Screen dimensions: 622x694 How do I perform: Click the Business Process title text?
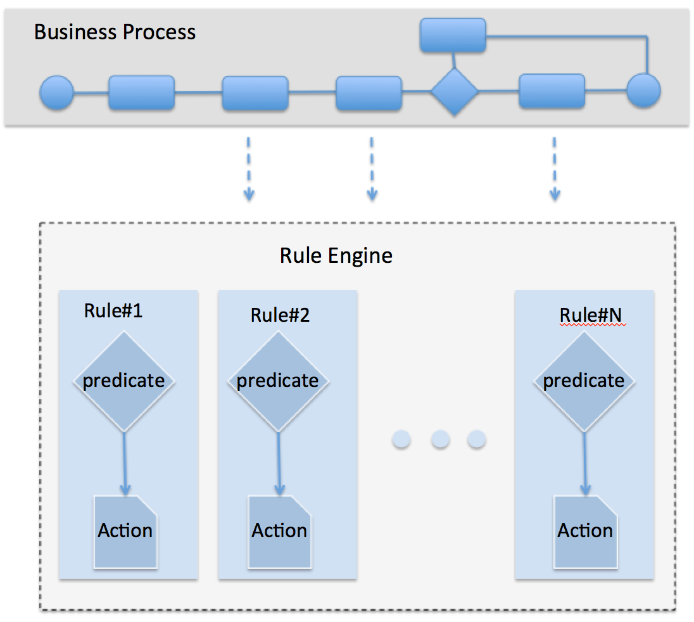coord(115,32)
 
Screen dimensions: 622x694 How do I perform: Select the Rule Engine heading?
coord(336,255)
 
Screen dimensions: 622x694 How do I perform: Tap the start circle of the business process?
coord(57,92)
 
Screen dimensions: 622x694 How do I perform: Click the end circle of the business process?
coord(643,91)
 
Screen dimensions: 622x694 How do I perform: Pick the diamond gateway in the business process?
coord(454,92)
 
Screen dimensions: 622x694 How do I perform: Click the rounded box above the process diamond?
coord(453,35)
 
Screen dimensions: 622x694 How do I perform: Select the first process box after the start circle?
coord(141,92)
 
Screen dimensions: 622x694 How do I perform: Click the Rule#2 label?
coord(280,315)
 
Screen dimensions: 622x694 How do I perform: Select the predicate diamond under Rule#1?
coord(123,381)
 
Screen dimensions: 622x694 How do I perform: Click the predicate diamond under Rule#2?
coord(277,381)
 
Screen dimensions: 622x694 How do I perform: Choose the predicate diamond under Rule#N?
coord(584,381)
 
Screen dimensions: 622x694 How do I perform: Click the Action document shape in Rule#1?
coord(125,531)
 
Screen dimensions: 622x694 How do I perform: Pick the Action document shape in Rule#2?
coord(279,531)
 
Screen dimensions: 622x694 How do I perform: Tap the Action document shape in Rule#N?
coord(585,531)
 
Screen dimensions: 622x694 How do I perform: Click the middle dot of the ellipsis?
coord(440,439)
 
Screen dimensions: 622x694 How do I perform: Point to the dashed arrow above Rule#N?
coord(554,168)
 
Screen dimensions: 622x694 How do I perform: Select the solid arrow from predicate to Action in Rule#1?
coord(124,463)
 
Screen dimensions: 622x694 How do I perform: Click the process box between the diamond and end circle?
coord(552,91)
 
